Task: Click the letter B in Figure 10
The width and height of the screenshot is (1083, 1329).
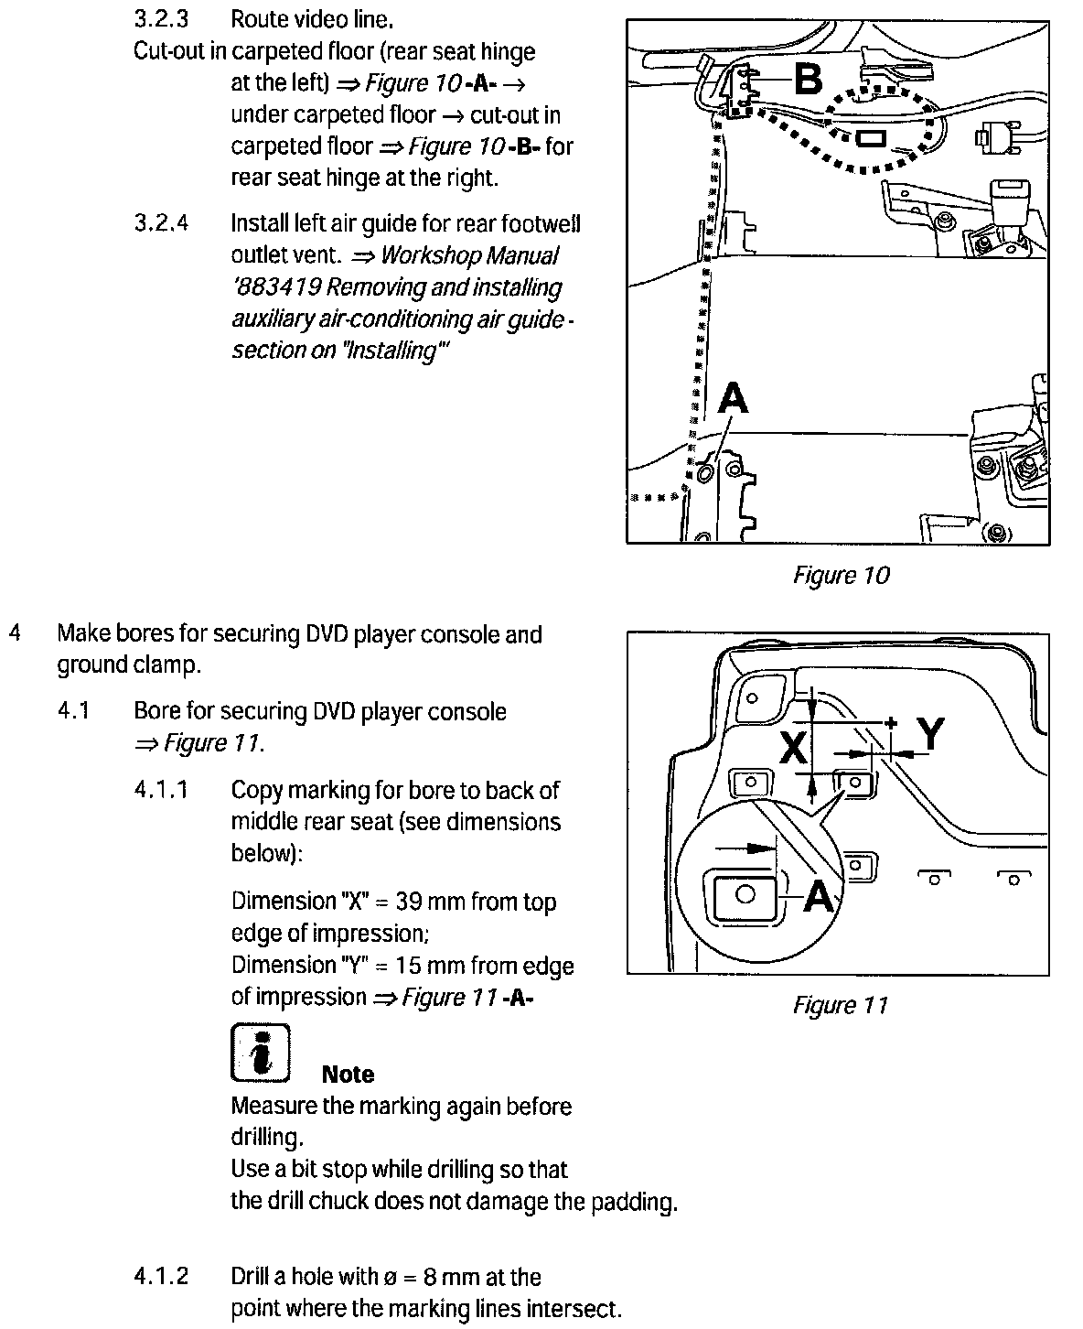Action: (808, 80)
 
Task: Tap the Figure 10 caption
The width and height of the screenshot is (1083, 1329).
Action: (840, 575)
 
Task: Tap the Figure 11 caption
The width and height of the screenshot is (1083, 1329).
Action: (840, 1005)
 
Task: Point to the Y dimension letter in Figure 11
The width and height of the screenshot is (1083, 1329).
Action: (930, 733)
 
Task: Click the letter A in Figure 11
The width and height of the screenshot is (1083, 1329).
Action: (819, 895)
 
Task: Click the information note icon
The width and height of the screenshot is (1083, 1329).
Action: (260, 1051)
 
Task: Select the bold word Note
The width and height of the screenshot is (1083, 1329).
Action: (348, 1074)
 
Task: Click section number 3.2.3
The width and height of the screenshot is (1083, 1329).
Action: (161, 18)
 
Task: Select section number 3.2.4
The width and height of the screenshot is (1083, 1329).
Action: (161, 223)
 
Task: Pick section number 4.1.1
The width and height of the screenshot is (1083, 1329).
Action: (161, 790)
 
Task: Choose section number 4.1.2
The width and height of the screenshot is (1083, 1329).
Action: (161, 1277)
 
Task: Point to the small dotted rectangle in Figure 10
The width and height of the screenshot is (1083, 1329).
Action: (869, 138)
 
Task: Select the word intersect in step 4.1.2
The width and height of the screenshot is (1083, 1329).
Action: (578, 1309)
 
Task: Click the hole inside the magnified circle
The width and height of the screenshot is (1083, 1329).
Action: (745, 893)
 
